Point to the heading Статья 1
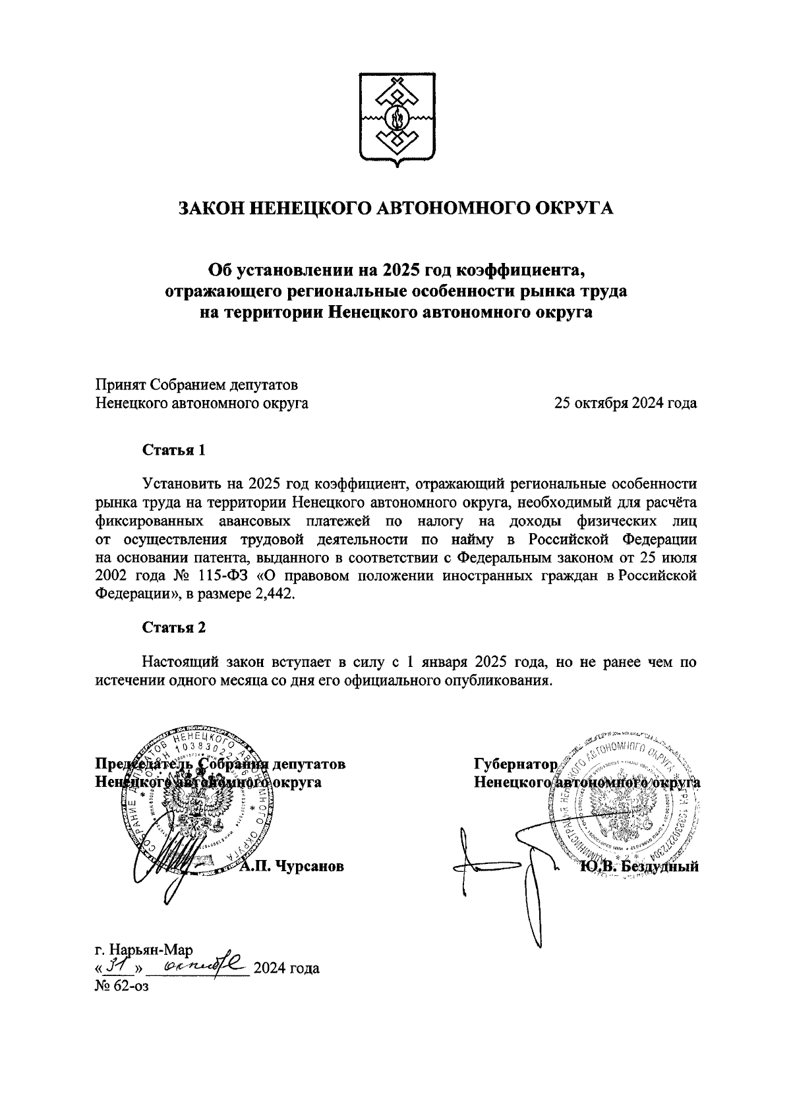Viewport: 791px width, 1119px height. (174, 450)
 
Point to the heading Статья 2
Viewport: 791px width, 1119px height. (174, 627)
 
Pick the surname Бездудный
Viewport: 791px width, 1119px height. (659, 866)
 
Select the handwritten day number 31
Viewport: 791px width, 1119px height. (119, 967)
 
